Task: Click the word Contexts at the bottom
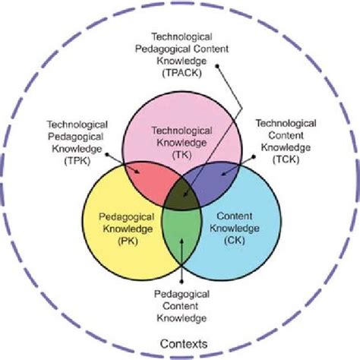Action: click(179, 343)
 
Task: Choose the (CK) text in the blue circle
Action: click(233, 241)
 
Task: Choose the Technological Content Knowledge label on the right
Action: click(287, 135)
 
